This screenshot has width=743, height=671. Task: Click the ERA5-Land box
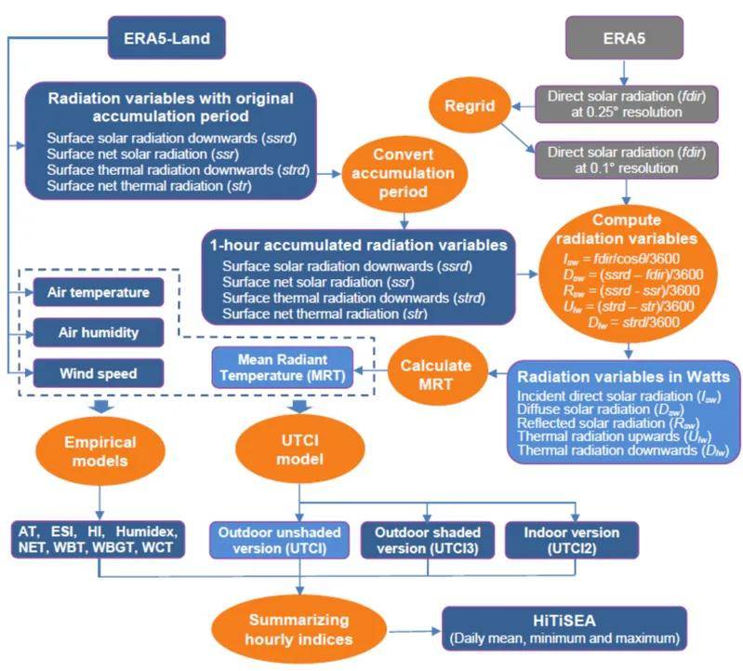tap(166, 38)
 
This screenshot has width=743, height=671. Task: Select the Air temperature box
tap(98, 292)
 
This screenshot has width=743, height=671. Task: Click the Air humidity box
tap(98, 332)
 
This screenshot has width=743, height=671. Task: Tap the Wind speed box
tap(98, 374)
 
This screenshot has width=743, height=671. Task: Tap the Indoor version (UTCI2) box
tap(570, 541)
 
